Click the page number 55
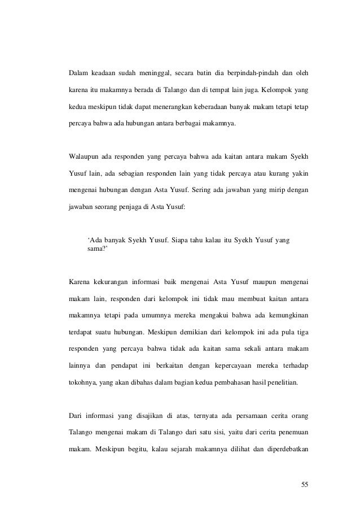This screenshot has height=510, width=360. (x=306, y=484)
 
